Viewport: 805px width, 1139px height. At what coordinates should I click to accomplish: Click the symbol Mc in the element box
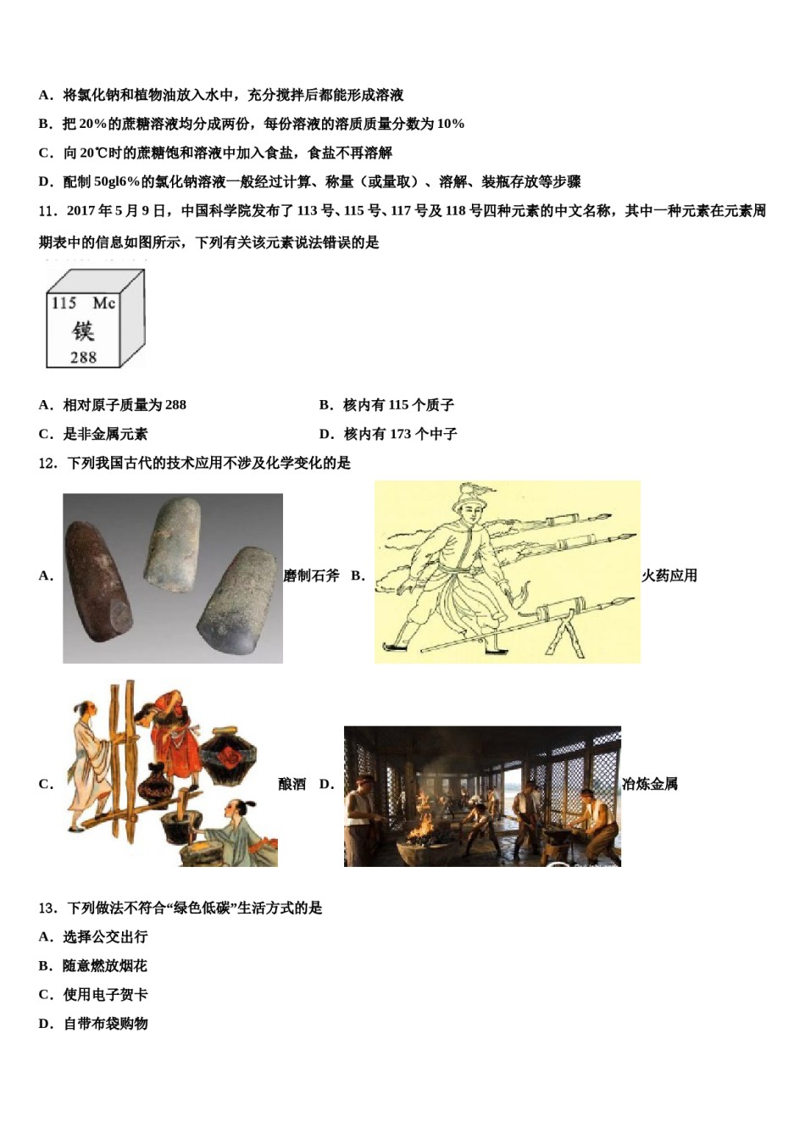click(x=103, y=303)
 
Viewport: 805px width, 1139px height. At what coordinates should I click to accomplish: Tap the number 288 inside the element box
click(x=83, y=358)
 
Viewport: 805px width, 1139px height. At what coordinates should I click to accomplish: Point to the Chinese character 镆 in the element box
click(x=83, y=331)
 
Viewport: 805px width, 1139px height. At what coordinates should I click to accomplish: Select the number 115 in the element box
click(x=64, y=303)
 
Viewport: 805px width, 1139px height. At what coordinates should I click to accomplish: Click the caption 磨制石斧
click(x=311, y=576)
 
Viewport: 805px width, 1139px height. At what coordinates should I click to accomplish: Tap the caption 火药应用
click(x=669, y=576)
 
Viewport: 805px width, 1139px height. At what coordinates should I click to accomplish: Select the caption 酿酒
click(x=292, y=785)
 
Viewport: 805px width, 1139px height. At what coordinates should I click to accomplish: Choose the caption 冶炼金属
click(x=650, y=785)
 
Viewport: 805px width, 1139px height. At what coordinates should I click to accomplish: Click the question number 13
click(x=47, y=908)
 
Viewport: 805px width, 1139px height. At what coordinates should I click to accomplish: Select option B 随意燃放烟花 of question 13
click(x=104, y=966)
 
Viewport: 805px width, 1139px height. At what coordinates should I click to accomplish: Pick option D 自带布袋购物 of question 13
click(x=105, y=1024)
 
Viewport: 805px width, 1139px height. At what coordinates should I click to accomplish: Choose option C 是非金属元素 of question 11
click(x=104, y=434)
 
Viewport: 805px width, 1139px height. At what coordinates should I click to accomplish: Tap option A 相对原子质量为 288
click(x=124, y=405)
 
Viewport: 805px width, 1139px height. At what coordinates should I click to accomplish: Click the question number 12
click(x=47, y=463)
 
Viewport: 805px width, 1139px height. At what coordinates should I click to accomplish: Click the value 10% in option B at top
click(x=451, y=124)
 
